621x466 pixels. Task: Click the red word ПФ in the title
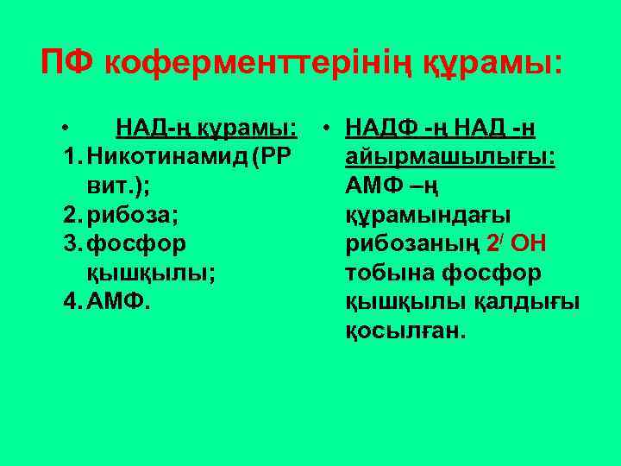(x=68, y=62)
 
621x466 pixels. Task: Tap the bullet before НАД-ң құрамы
(x=66, y=129)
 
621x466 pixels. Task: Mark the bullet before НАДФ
(x=329, y=129)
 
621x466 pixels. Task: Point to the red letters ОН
(x=530, y=244)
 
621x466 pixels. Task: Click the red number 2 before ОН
(x=492, y=244)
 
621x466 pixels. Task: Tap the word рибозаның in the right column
(x=412, y=245)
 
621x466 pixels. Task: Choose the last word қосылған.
(x=404, y=331)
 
